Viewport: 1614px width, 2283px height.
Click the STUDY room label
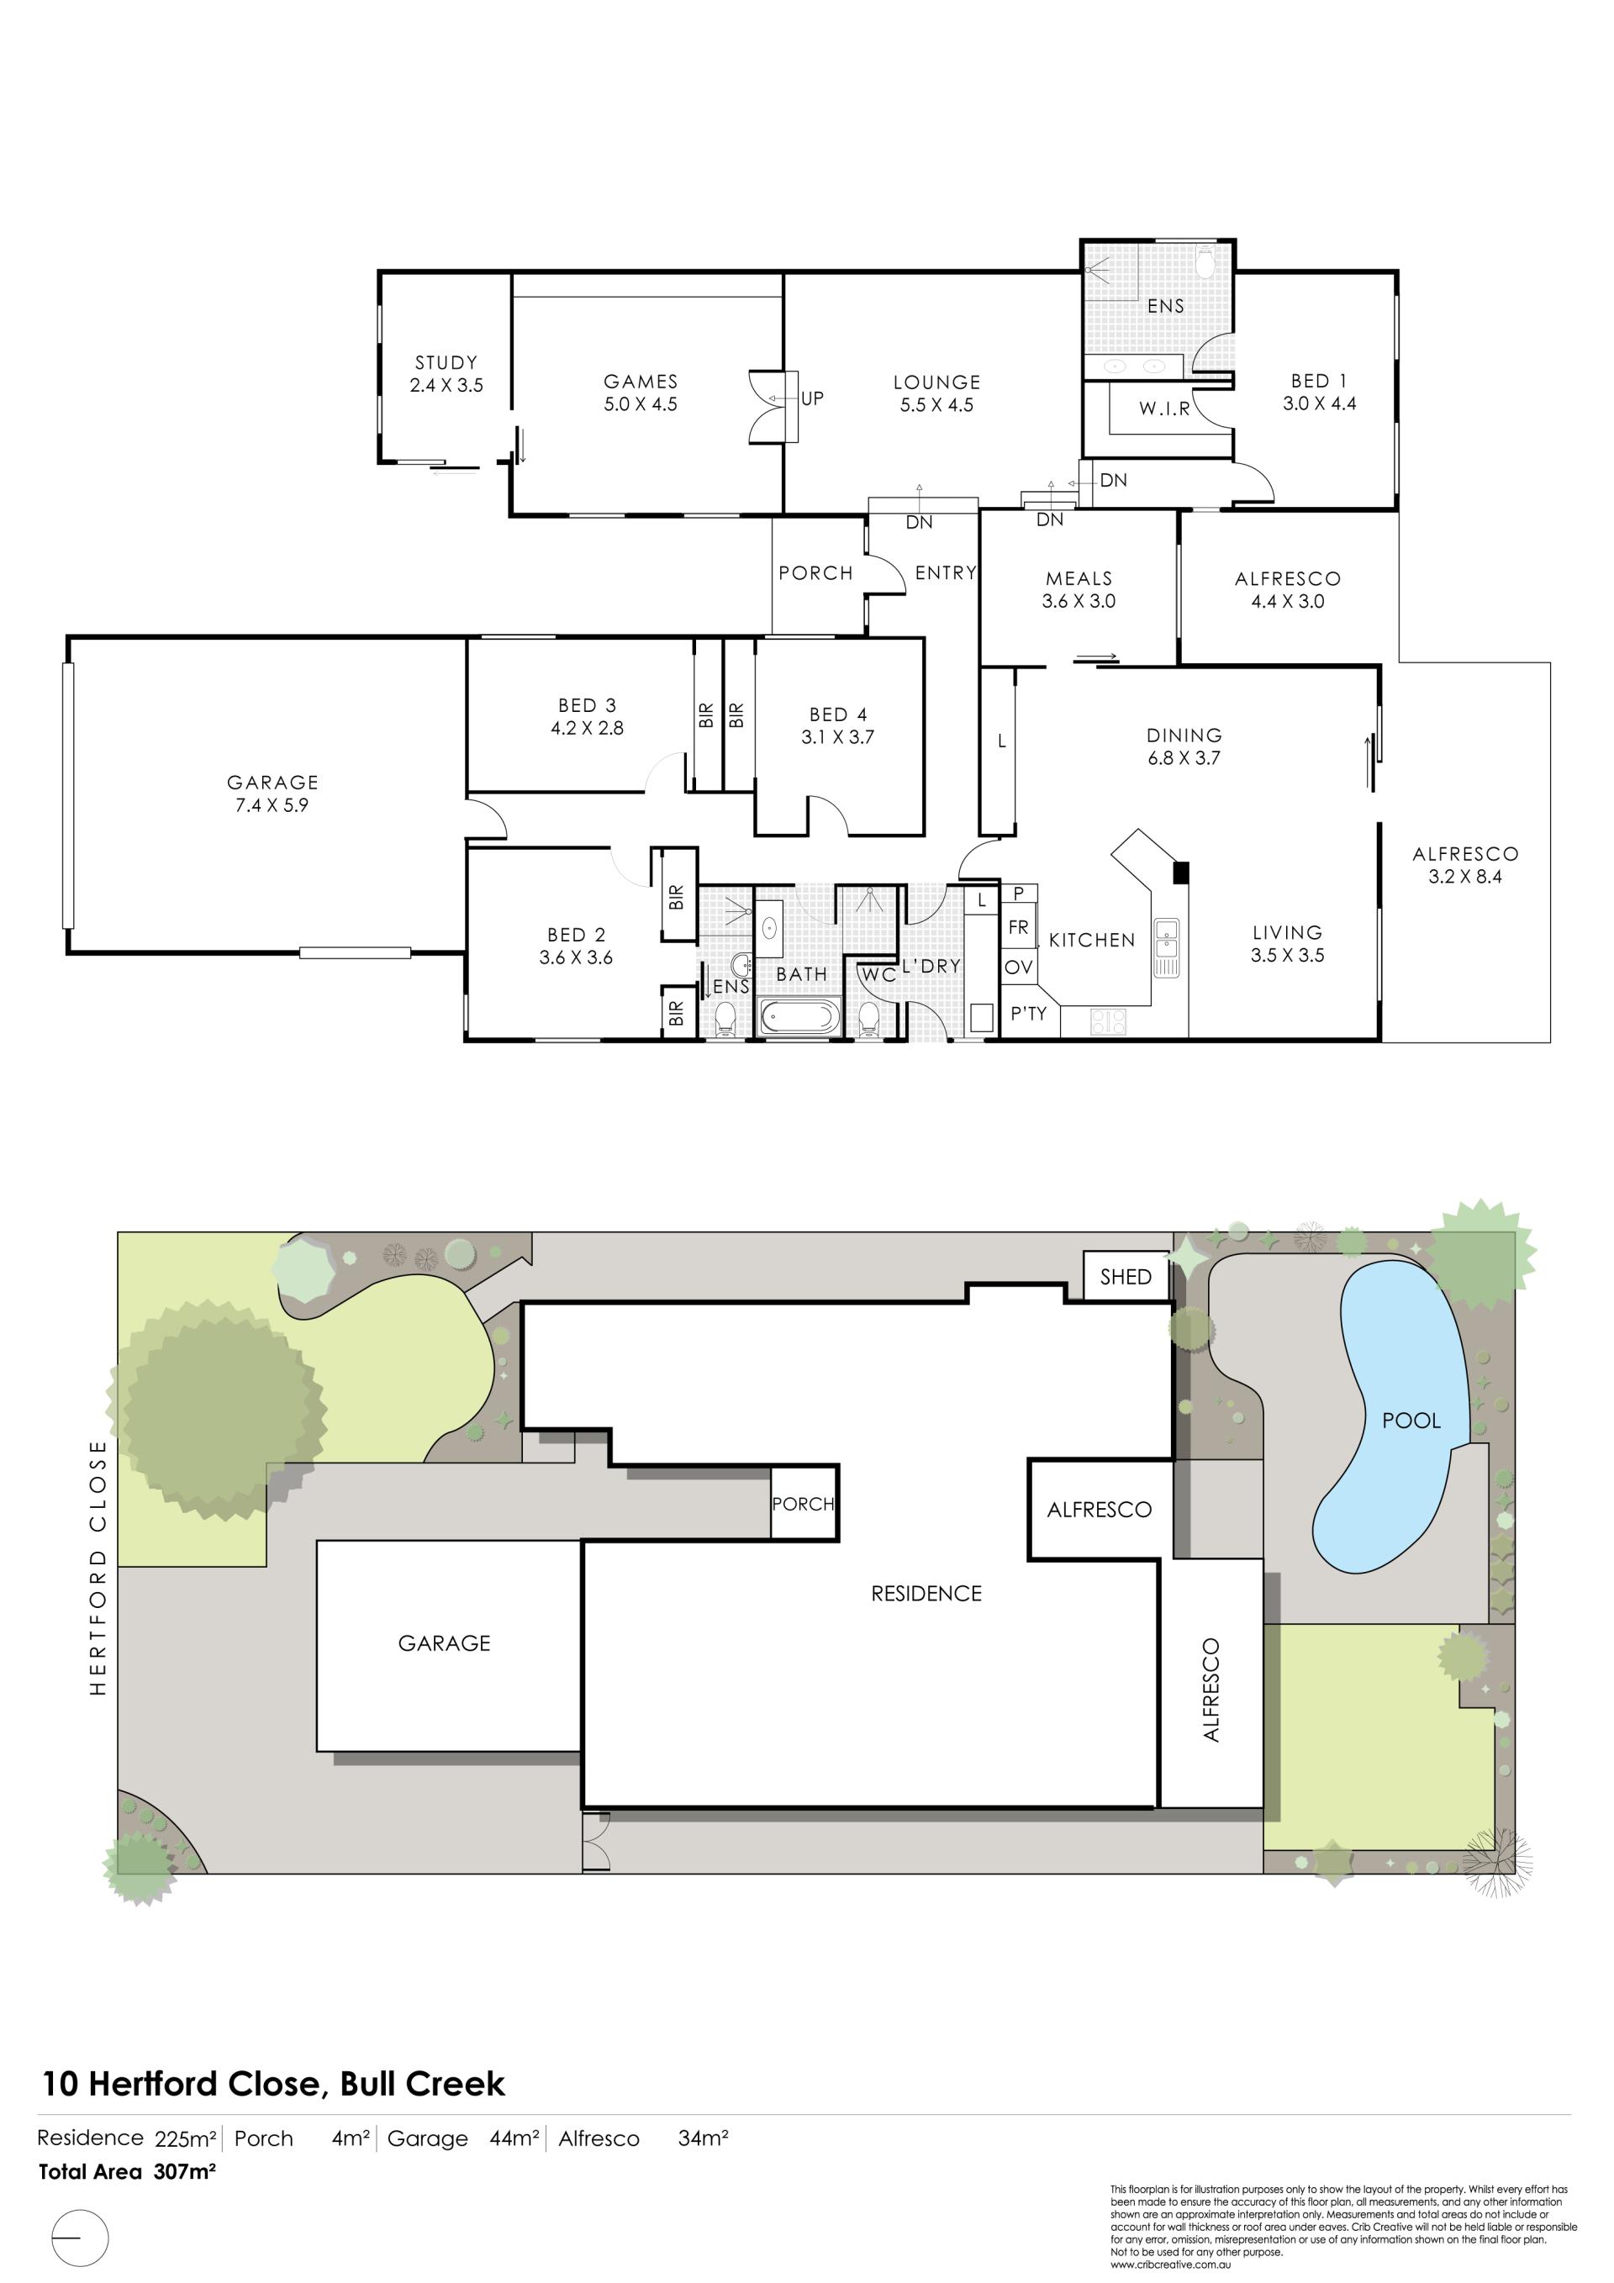[x=446, y=363]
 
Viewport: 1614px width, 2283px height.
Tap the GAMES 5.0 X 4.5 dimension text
[x=641, y=404]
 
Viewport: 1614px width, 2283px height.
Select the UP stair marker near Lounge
[x=813, y=398]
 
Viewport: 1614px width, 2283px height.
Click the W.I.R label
[x=1164, y=409]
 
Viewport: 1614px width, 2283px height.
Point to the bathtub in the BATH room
[x=799, y=1017]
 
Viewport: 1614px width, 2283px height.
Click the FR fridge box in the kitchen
[x=1018, y=928]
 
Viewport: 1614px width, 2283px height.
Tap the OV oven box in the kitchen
[x=1018, y=968]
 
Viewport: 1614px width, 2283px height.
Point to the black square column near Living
[x=1181, y=873]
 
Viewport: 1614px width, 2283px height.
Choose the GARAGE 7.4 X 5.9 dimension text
[x=272, y=805]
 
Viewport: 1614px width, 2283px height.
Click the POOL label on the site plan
[x=1411, y=1421]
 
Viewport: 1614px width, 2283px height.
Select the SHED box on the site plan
[x=1126, y=1277]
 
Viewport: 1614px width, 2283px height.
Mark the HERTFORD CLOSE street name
[x=98, y=1568]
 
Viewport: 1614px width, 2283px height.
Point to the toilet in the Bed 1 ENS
[x=1206, y=262]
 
